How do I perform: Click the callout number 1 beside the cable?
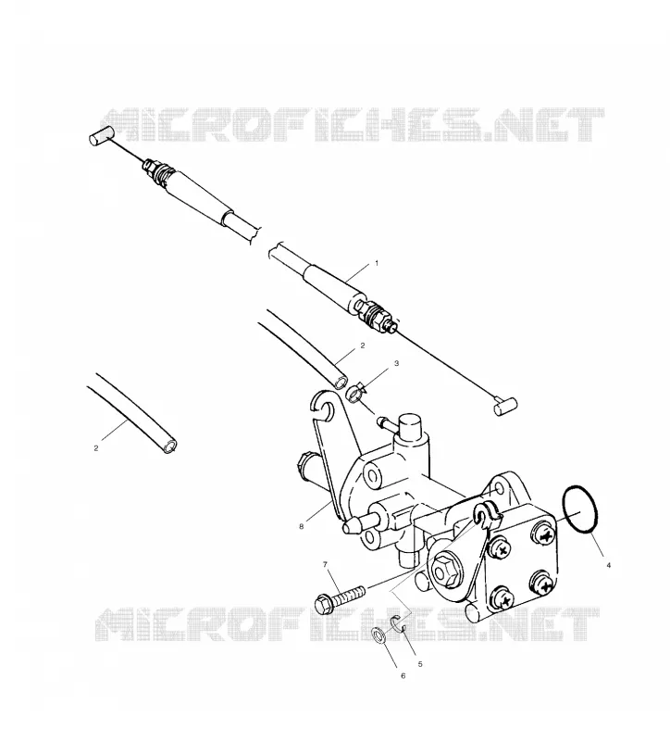coord(377,263)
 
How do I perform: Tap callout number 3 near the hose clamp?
coord(397,363)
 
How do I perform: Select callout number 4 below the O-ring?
coord(608,565)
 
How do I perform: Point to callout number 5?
coord(420,664)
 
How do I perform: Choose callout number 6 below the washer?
coord(403,676)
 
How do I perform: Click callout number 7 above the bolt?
coord(325,564)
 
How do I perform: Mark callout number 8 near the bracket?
coord(302,527)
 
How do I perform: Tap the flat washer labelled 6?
coord(378,636)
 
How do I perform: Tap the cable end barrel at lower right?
coord(505,406)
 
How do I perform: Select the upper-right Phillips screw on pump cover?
coord(545,535)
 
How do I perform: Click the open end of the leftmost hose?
coord(169,446)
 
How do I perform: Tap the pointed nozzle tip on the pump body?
coord(347,526)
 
